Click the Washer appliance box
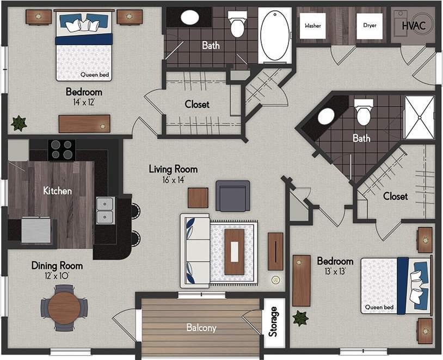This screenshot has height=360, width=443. tap(313, 26)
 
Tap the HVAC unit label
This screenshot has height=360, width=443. tap(417, 25)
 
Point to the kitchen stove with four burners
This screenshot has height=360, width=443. tap(61, 150)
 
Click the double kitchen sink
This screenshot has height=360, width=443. tap(105, 210)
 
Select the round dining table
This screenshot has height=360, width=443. tap(64, 308)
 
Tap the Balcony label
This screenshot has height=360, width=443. tap(201, 328)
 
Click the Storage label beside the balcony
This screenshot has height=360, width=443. tap(274, 322)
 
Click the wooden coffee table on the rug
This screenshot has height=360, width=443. tap(235, 252)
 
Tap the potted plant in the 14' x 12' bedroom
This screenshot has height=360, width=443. tap(19, 123)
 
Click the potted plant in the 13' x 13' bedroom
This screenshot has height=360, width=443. tap(300, 318)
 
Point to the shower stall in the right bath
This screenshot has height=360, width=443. tap(419, 117)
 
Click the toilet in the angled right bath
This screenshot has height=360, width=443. tap(363, 113)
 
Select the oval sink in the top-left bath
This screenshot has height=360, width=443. tap(189, 17)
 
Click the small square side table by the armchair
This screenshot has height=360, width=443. tap(198, 197)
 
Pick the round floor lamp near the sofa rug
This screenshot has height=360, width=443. tap(276, 281)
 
